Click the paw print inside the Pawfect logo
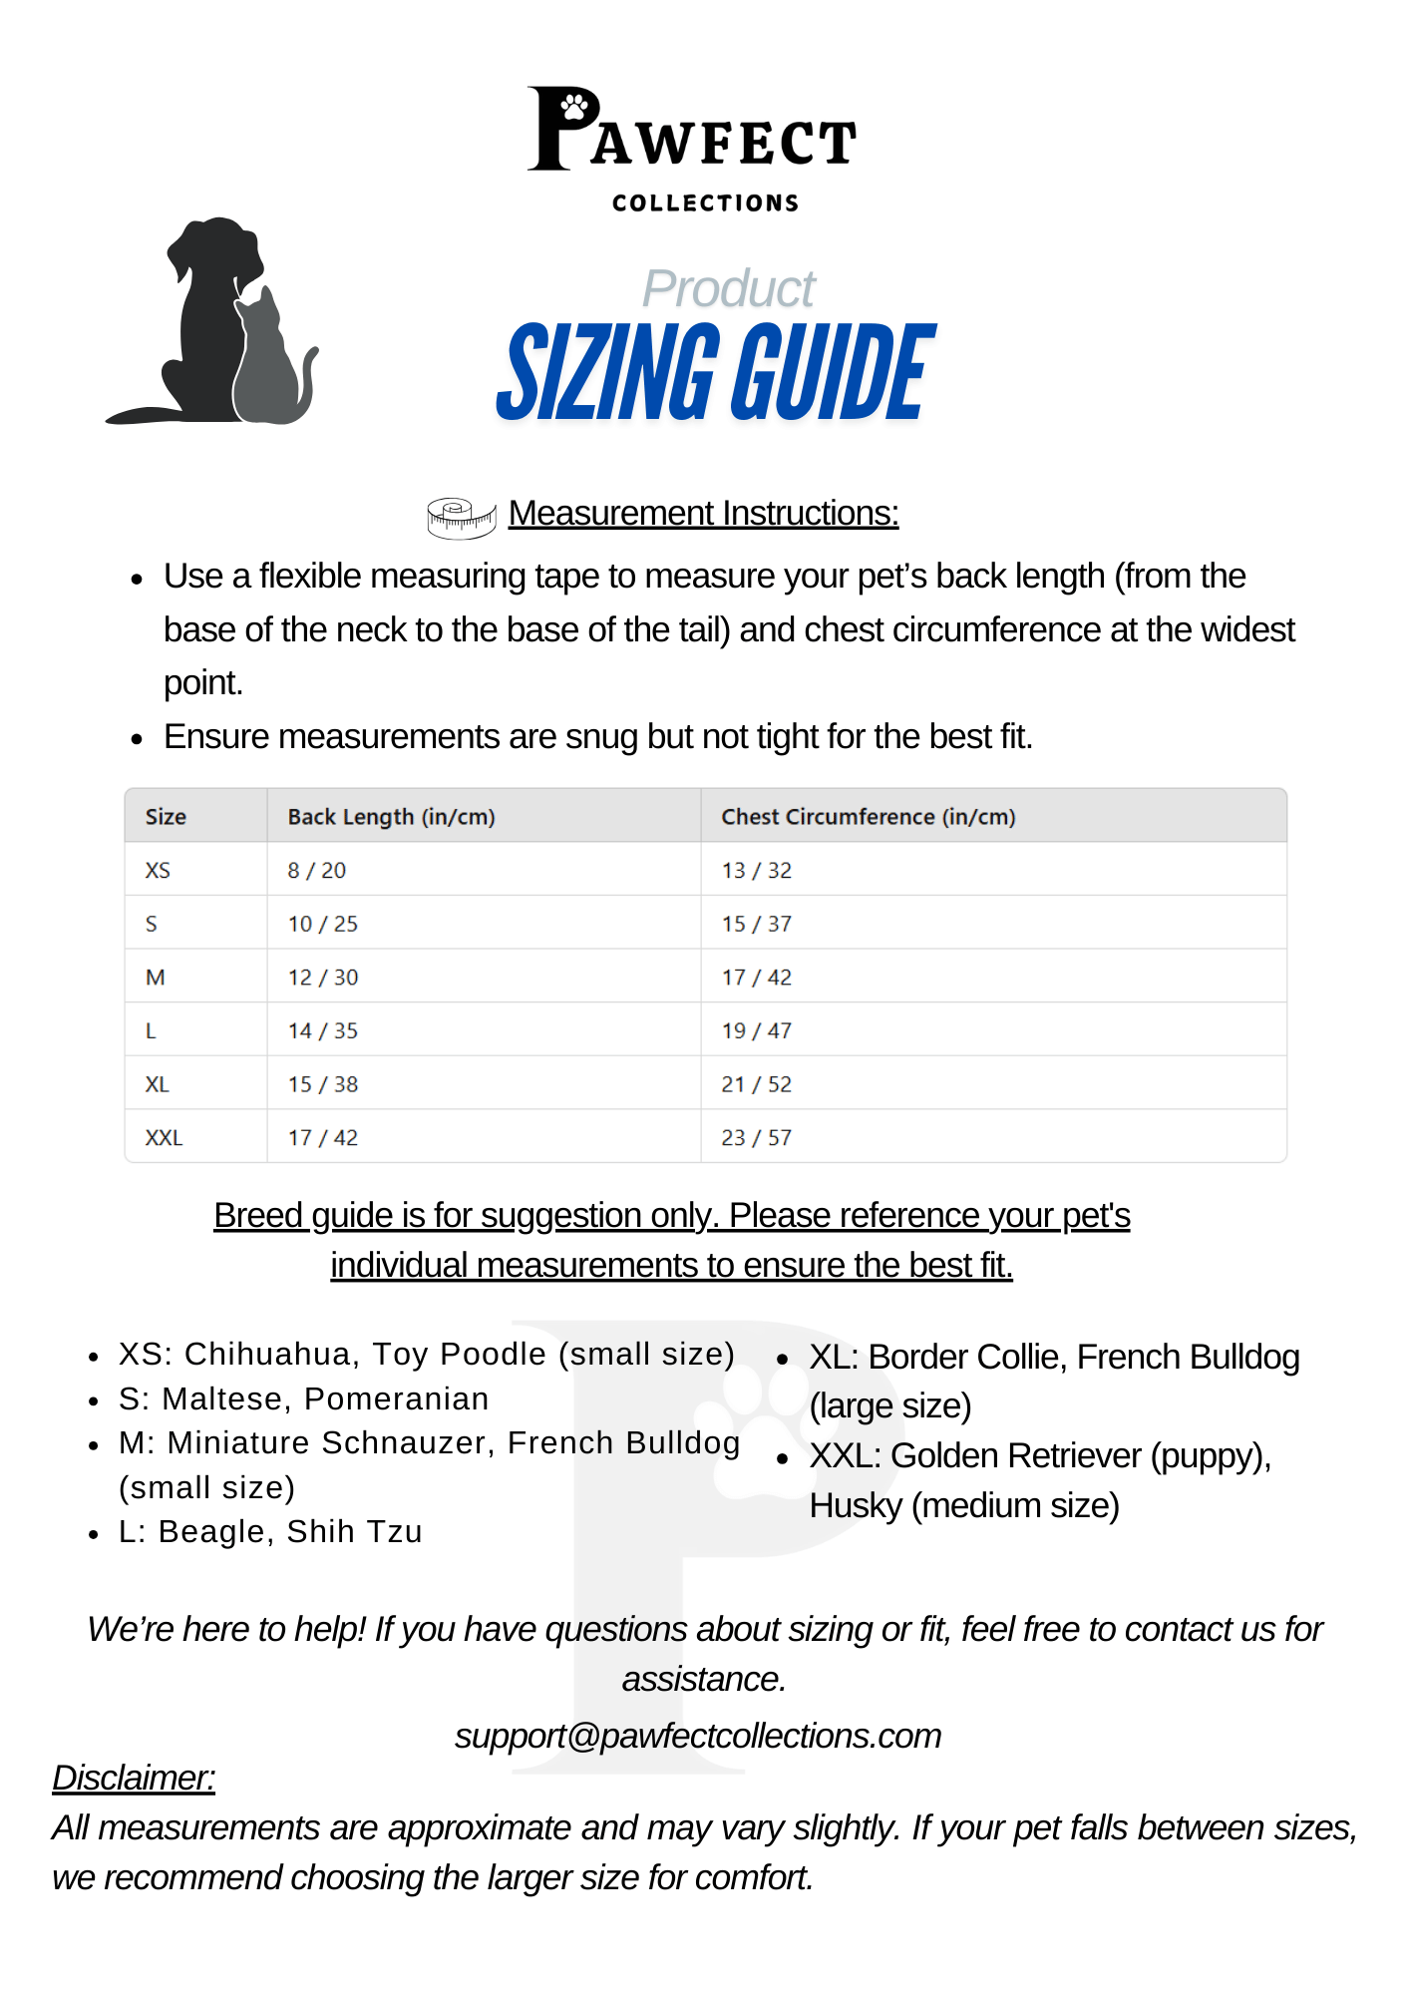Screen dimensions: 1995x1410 (575, 105)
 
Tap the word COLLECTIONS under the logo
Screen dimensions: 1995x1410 (705, 203)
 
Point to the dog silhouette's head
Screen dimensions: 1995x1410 (215, 249)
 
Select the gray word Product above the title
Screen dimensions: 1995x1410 (728, 289)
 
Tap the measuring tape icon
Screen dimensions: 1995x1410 (461, 517)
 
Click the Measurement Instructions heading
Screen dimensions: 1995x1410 (703, 513)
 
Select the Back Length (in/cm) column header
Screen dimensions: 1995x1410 (391, 817)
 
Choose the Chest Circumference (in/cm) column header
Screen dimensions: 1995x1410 (868, 817)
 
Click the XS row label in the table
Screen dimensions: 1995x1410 (158, 871)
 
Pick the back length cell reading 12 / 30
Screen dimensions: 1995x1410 (322, 978)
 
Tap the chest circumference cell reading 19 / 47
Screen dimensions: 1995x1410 (756, 1031)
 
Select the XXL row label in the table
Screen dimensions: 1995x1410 (164, 1138)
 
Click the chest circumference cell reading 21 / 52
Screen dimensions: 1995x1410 (756, 1084)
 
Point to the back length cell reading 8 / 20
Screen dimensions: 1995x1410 (316, 871)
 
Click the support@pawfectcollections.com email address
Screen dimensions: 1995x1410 (698, 1736)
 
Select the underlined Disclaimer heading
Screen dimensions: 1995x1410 (134, 1778)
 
